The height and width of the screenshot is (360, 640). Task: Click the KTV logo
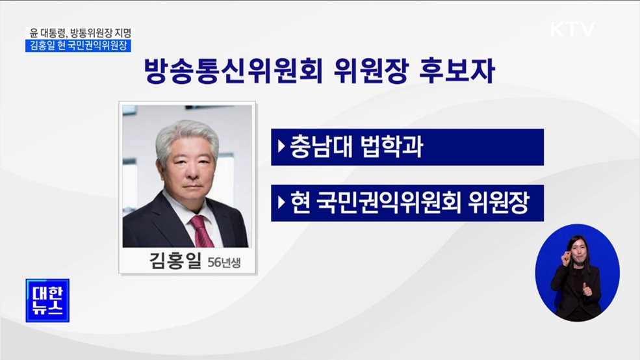tap(572, 30)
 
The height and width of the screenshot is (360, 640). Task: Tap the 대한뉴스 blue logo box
tap(47, 300)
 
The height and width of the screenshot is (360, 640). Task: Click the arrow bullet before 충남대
tap(281, 147)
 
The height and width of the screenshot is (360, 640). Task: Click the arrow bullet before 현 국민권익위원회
tap(281, 203)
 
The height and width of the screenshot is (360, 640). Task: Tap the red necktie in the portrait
tap(199, 229)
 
